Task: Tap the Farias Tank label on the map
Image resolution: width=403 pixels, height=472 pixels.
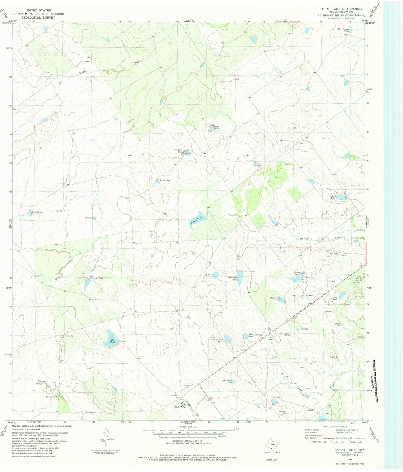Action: [196, 221]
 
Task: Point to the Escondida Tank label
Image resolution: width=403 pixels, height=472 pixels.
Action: [233, 278]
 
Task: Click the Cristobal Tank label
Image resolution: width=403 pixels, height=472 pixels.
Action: [178, 151]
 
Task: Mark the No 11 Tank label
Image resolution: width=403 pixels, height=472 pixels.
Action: [165, 181]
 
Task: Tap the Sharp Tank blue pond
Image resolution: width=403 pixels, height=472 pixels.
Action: [340, 197]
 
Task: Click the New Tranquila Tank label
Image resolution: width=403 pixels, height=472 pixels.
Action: [96, 277]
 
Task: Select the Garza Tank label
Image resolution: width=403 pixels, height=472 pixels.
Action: [37, 212]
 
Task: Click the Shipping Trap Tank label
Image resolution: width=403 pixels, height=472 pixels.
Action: [255, 336]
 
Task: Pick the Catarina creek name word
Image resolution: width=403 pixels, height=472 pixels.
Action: [303, 239]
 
